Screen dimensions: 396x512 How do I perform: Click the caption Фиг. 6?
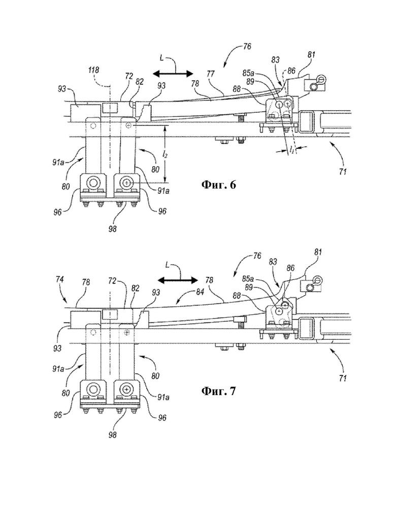coord(218,185)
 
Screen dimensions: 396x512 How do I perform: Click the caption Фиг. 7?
coord(218,391)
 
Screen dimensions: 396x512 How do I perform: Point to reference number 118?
coord(93,70)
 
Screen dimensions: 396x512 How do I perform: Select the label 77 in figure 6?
coord(211,75)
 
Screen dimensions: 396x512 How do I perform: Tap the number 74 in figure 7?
coord(60,279)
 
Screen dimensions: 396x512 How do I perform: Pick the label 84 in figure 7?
coord(201,292)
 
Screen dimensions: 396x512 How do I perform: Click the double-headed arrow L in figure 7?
coord(178,280)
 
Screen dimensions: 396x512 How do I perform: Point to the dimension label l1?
coord(292,149)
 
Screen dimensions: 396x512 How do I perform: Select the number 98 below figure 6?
coord(112,229)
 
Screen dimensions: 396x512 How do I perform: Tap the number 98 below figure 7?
coord(112,435)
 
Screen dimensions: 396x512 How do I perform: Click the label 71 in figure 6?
coord(343,171)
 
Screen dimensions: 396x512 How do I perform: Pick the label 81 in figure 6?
coord(311,55)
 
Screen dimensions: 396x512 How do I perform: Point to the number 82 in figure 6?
coord(140,82)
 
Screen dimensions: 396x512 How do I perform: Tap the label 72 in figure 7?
coord(113,281)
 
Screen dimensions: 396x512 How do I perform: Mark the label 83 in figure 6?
coord(276,60)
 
